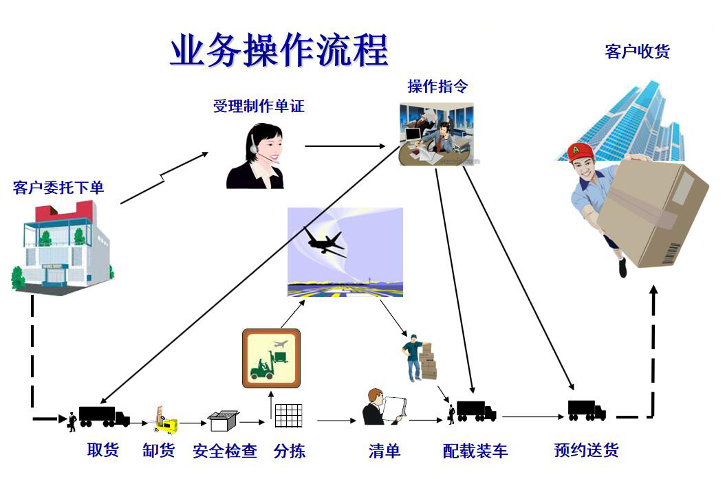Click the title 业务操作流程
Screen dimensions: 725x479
[279, 50]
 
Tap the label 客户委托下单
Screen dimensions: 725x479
[58, 188]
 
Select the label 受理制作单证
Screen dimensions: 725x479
[259, 107]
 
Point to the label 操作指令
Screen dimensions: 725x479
[437, 86]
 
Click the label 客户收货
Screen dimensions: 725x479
[637, 52]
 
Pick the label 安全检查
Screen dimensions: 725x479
[225, 451]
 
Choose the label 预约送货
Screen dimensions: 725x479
[586, 450]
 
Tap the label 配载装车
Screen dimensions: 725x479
[475, 451]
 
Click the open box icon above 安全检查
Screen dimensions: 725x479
[224, 421]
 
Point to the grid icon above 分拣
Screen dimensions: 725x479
[288, 416]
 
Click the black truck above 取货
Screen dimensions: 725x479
[104, 416]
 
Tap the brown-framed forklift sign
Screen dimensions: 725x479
[272, 359]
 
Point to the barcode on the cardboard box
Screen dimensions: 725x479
[672, 253]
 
